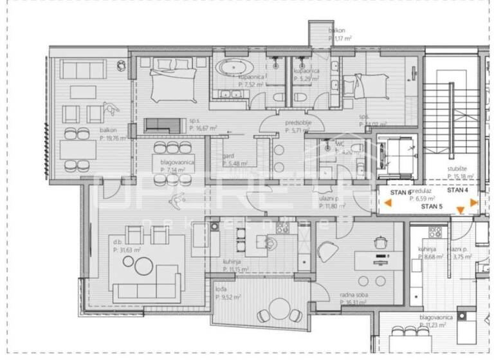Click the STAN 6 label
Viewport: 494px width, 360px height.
point(400,192)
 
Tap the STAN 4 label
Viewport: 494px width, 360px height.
point(458,190)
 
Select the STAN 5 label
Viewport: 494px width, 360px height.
point(432,207)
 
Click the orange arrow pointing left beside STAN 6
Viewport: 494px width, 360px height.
point(388,203)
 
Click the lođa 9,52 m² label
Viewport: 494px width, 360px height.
point(228,294)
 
